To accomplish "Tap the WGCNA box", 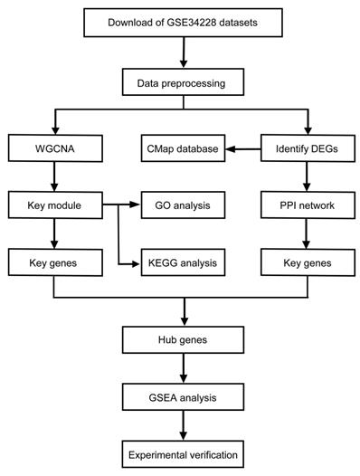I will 57,148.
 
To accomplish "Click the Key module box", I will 57,205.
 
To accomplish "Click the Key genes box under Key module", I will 57,263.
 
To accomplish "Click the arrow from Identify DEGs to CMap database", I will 241,148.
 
